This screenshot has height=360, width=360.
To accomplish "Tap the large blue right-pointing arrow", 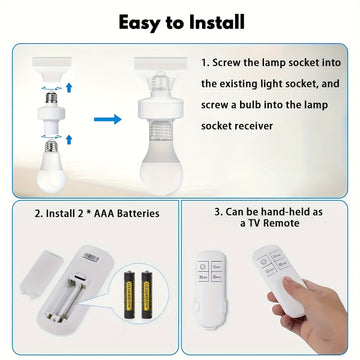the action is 108,119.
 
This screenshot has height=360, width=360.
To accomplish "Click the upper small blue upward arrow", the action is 69,88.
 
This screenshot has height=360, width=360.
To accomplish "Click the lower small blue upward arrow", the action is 69,139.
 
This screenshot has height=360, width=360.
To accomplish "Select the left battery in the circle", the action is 129,294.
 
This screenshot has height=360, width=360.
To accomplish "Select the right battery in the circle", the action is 147,294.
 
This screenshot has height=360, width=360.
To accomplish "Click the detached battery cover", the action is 42,275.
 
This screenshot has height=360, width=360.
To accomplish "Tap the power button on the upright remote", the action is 203,267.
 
